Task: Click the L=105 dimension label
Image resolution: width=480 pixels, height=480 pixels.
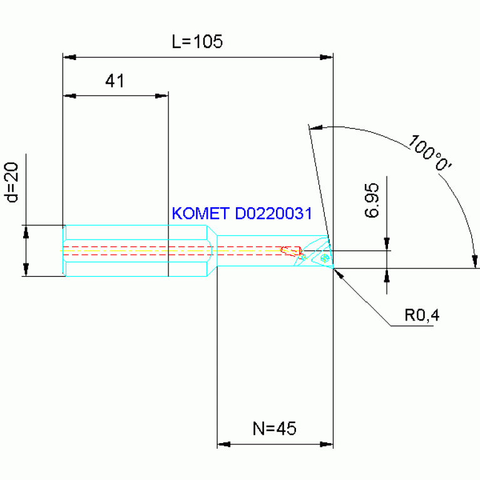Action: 197,43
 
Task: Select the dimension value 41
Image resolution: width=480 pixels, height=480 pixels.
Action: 115,81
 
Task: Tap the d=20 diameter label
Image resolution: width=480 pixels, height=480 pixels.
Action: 13,183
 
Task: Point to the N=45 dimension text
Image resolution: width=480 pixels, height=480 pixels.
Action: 274,429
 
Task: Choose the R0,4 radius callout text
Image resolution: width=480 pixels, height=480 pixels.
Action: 421,315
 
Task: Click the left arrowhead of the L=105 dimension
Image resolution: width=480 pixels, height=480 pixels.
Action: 69,58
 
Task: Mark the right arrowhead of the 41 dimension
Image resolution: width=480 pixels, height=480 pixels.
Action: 162,96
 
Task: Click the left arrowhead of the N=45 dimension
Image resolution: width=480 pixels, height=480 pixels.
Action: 223,444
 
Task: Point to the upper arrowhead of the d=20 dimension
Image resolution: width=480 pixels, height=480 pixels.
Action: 26,232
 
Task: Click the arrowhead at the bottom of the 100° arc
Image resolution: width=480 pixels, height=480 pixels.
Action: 475,261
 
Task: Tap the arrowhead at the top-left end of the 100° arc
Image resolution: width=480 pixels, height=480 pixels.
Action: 316,128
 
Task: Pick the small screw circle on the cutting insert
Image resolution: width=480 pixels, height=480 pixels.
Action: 324,257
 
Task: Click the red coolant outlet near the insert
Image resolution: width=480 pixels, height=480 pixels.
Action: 289,250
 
